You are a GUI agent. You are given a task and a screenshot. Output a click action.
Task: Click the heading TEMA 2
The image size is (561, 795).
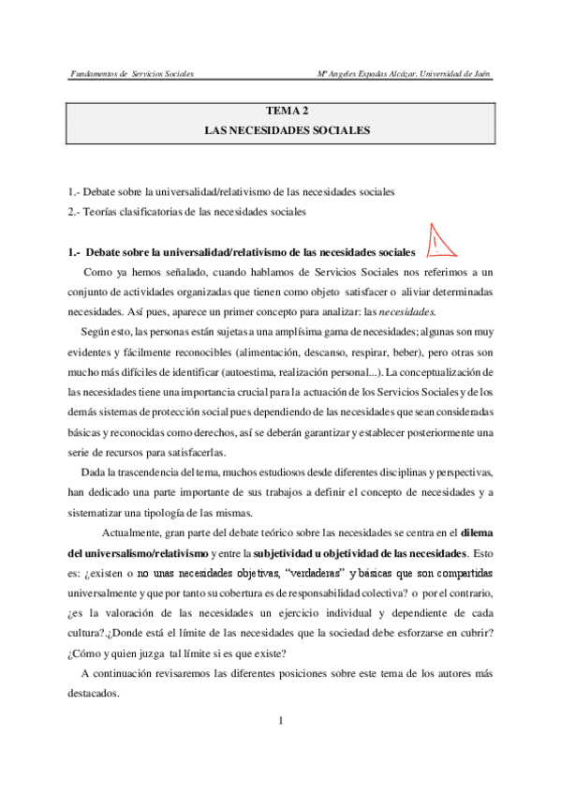point(281,111)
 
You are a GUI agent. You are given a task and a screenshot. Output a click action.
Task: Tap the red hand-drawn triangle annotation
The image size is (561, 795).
point(436,242)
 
